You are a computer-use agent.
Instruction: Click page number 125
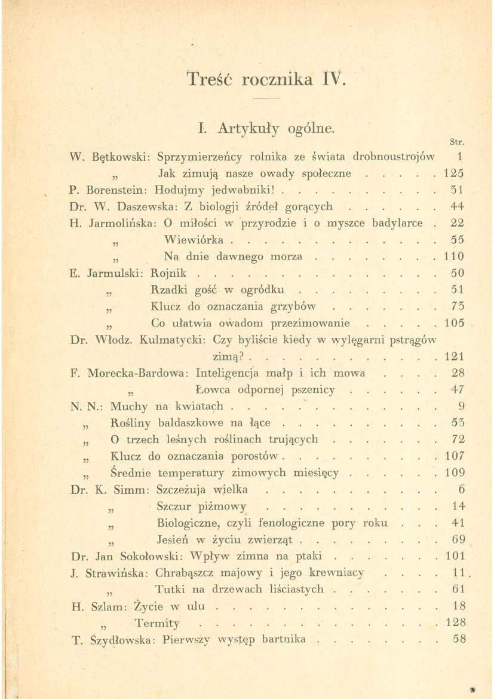coord(455,175)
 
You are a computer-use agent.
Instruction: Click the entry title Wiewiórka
coord(194,240)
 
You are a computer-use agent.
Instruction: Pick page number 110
coord(455,257)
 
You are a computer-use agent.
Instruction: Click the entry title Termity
coord(157,623)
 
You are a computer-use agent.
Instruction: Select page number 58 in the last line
coord(459,639)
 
